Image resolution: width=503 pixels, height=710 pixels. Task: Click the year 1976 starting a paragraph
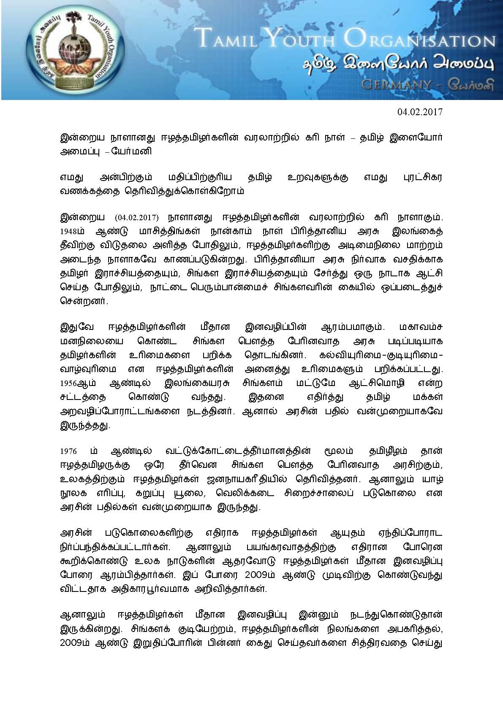click(x=68, y=451)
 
